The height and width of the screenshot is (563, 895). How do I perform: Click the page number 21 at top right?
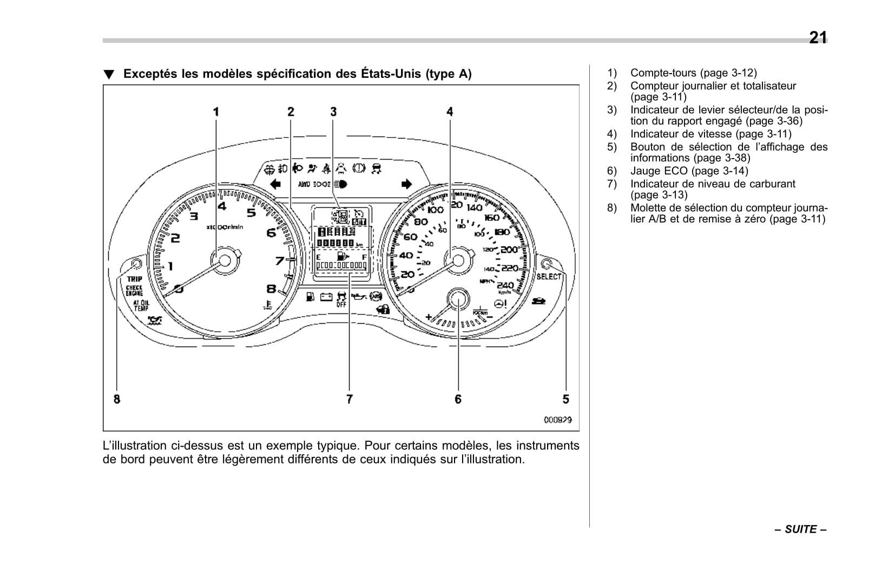click(818, 37)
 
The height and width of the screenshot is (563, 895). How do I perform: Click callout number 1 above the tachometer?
click(216, 112)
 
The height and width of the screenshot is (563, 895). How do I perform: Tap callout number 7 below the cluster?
click(350, 399)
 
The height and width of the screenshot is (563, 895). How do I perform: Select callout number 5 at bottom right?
click(565, 399)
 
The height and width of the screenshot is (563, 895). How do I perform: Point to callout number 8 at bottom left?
click(117, 399)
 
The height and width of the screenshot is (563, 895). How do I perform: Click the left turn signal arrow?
click(275, 184)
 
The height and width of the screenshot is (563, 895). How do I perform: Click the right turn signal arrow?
click(406, 184)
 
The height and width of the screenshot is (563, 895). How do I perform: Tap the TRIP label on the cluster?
click(135, 279)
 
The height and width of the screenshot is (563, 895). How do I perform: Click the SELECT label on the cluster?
click(549, 277)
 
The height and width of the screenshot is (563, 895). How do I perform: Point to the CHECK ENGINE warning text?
click(134, 291)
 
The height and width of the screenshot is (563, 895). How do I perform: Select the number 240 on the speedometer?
click(505, 285)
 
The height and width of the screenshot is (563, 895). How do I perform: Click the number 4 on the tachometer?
click(222, 206)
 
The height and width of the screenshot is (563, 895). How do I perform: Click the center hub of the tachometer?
click(225, 261)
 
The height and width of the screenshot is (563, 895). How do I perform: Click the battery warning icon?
click(326, 297)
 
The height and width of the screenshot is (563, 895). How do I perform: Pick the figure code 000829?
click(557, 420)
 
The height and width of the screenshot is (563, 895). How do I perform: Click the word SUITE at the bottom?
click(800, 529)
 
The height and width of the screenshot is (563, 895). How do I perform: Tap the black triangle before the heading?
click(109, 75)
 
